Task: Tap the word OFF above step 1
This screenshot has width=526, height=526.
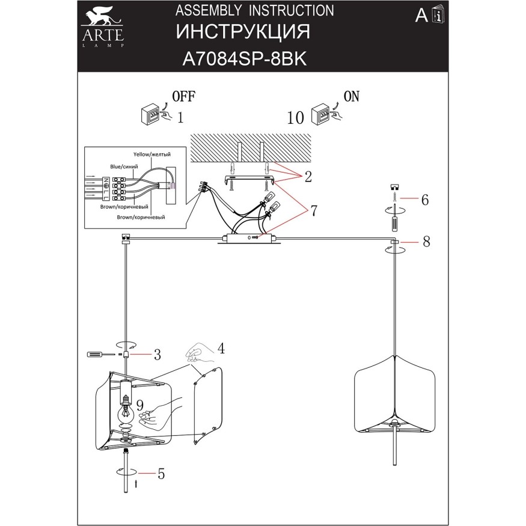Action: pyautogui.click(x=184, y=96)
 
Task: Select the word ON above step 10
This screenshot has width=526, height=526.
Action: pyautogui.click(x=352, y=96)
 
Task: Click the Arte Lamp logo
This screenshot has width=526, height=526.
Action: pyautogui.click(x=103, y=24)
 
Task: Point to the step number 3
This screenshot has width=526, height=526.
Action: pyautogui.click(x=157, y=354)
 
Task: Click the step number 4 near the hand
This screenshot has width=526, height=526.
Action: pyautogui.click(x=221, y=347)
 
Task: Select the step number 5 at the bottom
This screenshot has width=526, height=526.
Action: pyautogui.click(x=161, y=474)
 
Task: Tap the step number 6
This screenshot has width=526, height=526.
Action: pyautogui.click(x=424, y=200)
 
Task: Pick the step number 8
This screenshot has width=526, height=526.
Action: pyautogui.click(x=426, y=242)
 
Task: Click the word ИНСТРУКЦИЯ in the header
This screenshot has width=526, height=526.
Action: pyautogui.click(x=243, y=32)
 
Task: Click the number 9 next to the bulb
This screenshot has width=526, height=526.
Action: pyautogui.click(x=139, y=404)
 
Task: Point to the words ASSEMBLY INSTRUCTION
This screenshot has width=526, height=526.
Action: pyautogui.click(x=254, y=10)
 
